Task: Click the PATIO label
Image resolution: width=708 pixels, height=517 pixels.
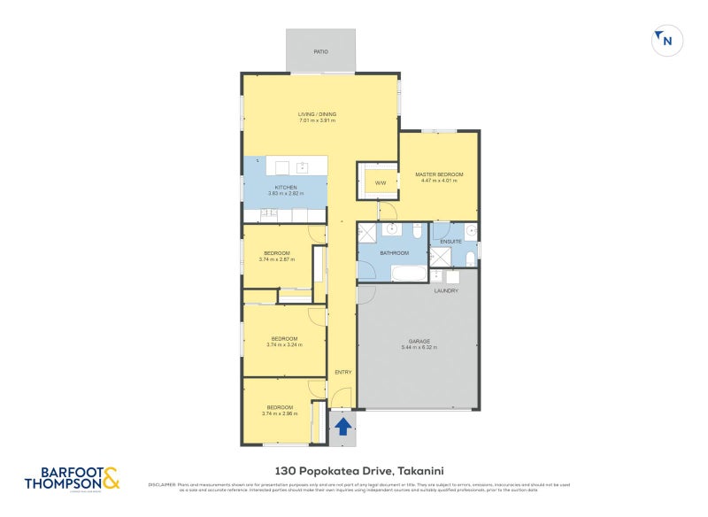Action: coord(320,51)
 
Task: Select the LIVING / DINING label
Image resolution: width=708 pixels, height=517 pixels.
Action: coord(316,114)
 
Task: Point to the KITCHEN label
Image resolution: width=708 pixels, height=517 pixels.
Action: coord(285,188)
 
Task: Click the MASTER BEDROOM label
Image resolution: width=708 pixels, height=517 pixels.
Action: coord(439,174)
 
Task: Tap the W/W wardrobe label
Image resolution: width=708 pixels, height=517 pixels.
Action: coord(381,183)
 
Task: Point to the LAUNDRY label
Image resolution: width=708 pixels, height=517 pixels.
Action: coord(445,290)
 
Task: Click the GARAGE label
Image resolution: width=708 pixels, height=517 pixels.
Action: coord(419,342)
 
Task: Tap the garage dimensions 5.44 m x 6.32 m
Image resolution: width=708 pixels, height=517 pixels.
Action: coord(419,348)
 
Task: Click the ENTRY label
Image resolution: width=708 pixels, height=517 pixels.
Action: coord(342,372)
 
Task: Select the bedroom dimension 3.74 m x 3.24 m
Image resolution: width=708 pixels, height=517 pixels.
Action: coord(284,345)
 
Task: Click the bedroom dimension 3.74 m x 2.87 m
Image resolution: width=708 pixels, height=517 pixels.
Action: coord(276,259)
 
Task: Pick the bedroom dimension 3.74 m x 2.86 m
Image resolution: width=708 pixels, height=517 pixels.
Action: coord(280,413)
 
